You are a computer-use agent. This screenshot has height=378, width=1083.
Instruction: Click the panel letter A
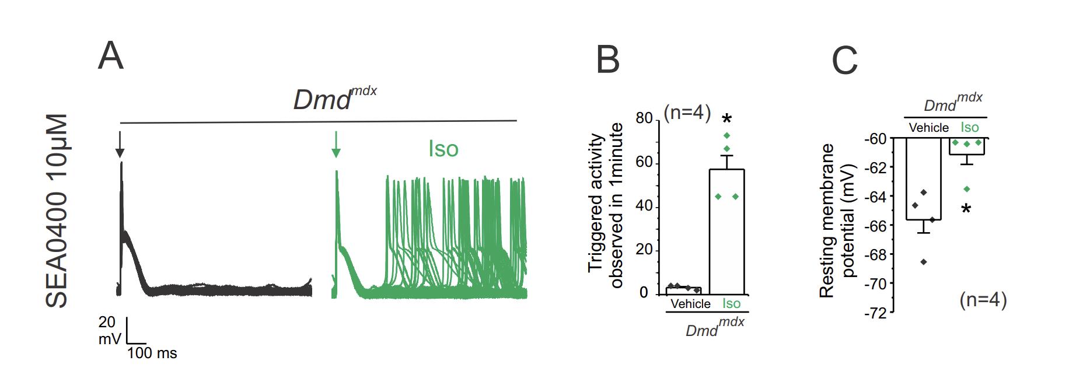(111, 56)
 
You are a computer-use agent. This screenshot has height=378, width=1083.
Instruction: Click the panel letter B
(607, 60)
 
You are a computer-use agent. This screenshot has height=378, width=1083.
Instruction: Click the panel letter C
(844, 60)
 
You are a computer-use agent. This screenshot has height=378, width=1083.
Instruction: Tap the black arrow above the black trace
(120, 145)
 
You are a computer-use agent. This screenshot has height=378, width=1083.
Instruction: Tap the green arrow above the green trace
(336, 145)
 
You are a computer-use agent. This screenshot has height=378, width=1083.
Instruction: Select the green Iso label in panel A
(443, 149)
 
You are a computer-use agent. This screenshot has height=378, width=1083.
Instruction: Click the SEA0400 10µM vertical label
(57, 211)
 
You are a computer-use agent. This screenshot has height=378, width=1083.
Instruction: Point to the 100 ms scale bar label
(152, 353)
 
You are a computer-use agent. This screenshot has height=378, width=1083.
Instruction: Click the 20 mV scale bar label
(109, 330)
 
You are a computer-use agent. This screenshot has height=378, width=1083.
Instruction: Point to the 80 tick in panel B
(644, 118)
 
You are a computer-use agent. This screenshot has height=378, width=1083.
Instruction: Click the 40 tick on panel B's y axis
(644, 207)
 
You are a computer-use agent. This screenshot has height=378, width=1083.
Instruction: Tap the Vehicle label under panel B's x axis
(690, 304)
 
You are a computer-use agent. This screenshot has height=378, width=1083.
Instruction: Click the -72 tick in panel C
(875, 313)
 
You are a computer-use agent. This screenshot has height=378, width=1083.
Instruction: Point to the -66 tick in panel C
(875, 226)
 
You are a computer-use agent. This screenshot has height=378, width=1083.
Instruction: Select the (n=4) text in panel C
(983, 300)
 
